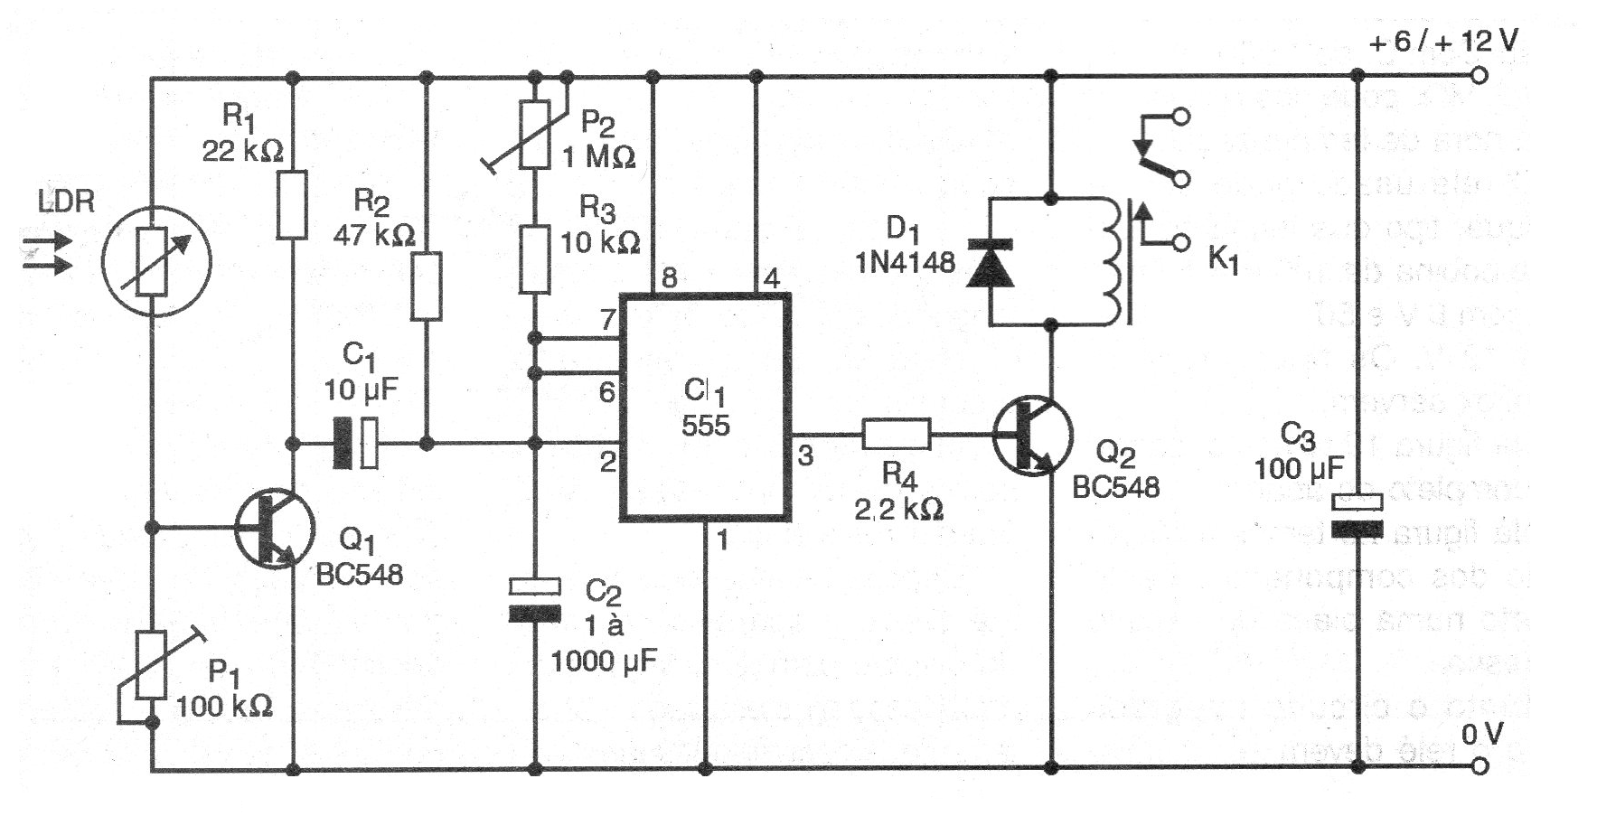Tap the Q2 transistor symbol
coord(1032,435)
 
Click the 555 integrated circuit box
coord(705,408)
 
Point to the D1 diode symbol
coord(990,262)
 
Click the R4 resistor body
coord(896,435)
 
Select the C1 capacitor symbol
coord(356,444)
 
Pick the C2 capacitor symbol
coord(535,600)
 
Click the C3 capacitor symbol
coord(1357,515)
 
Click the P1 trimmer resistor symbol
coord(151,665)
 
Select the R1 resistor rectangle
coord(292,204)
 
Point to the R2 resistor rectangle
coord(427,286)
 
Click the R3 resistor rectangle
coord(535,260)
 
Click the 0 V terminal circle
coord(1479,766)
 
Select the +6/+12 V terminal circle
coord(1479,76)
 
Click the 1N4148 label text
coord(905,262)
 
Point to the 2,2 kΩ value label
coord(898,510)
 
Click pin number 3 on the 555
coord(805,456)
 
